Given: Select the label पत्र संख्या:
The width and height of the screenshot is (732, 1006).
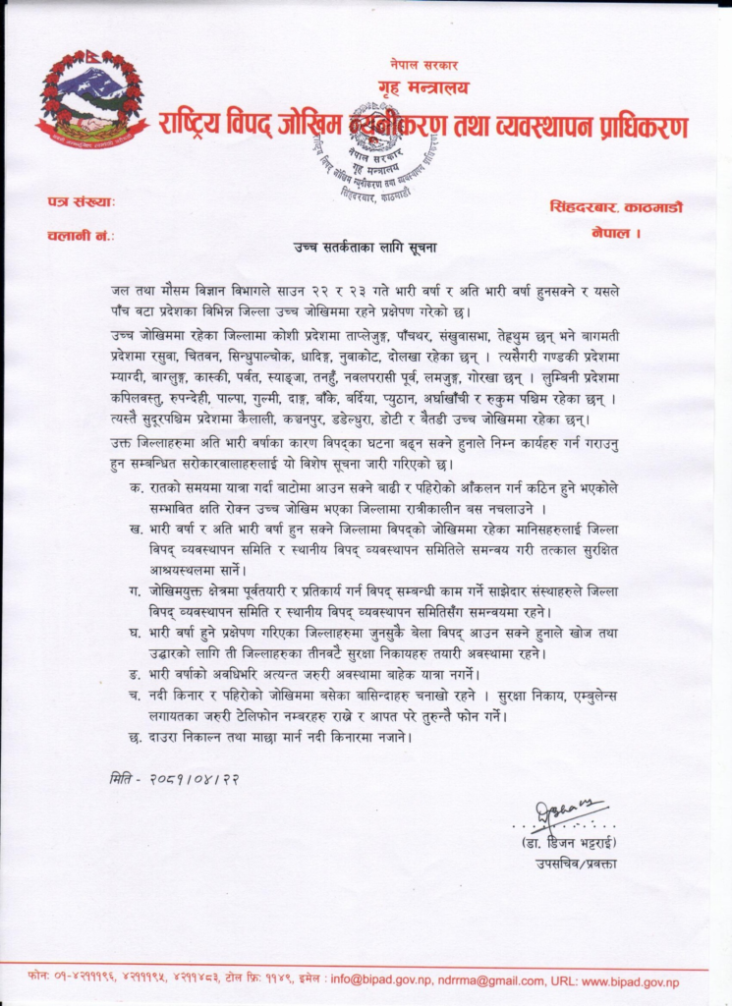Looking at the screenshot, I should (x=82, y=202).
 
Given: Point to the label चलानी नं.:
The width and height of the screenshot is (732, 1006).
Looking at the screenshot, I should (x=81, y=236).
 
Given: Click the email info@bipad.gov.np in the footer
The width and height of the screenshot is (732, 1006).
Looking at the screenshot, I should (x=382, y=979).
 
